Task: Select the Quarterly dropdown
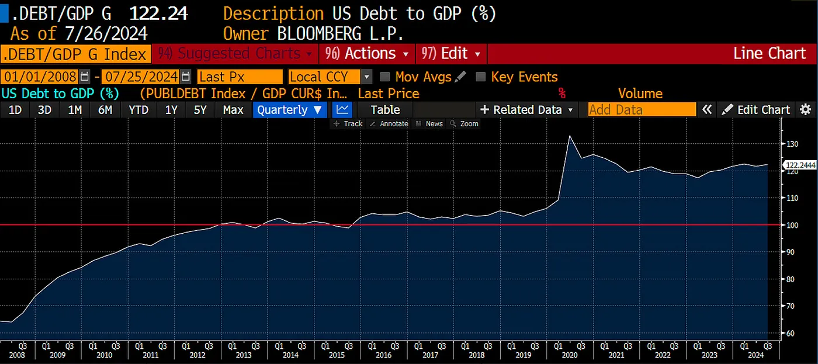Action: tap(290, 110)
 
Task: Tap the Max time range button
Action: tap(233, 110)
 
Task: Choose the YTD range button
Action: tap(138, 110)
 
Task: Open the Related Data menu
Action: tap(526, 110)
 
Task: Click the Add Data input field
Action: tap(642, 110)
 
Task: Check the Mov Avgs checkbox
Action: tap(385, 77)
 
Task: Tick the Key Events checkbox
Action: tap(481, 77)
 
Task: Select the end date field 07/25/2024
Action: tap(141, 77)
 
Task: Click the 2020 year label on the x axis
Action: tap(570, 355)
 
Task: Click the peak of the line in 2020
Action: tap(570, 136)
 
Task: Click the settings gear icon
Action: tap(806, 110)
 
